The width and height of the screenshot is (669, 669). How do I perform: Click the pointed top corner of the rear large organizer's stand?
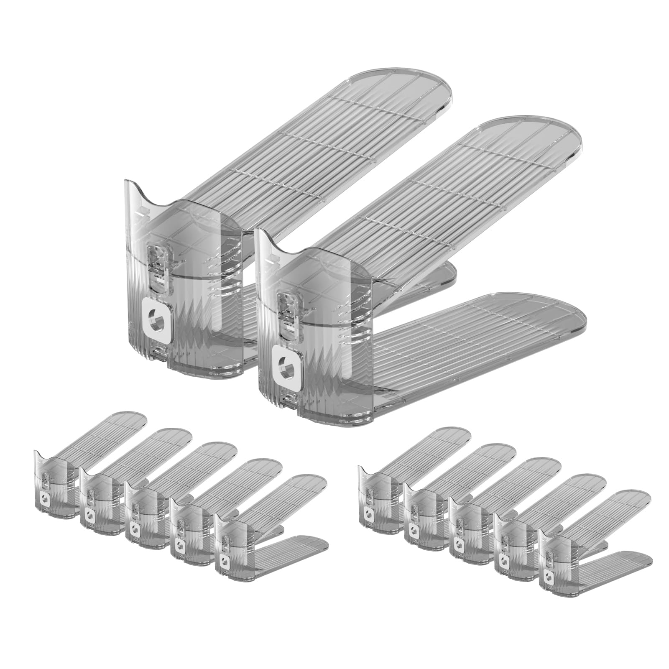tap(127, 183)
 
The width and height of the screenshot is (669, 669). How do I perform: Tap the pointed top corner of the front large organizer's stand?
tap(262, 232)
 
